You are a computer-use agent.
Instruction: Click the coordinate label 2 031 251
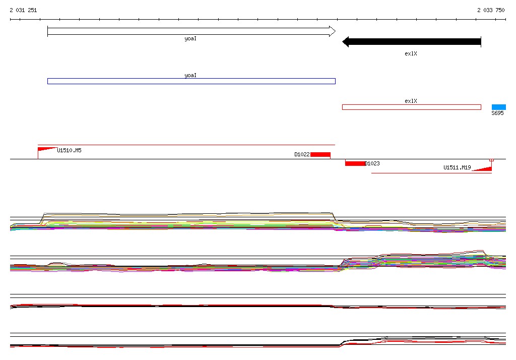pos(23,10)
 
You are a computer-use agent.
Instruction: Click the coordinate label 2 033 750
pos(491,10)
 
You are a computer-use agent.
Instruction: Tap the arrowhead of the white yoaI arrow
pos(333,31)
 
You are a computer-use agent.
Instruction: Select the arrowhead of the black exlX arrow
pos(346,42)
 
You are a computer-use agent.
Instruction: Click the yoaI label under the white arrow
pos(190,38)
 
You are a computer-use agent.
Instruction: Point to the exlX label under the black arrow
pos(411,53)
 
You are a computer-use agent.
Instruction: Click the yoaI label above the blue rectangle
pos(190,75)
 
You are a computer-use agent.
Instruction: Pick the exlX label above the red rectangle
pos(411,101)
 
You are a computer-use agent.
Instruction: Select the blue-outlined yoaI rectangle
pos(191,79)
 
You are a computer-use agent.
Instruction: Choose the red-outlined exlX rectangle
pos(411,105)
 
